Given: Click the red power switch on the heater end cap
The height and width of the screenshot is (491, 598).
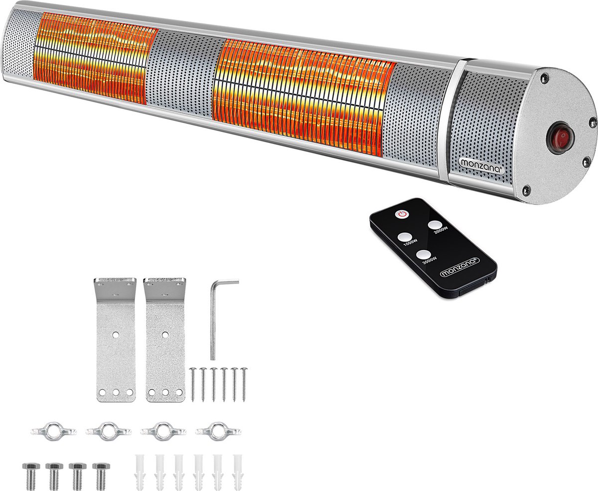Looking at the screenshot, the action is click(560, 138).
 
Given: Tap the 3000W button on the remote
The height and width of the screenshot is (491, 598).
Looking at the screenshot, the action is click(423, 254).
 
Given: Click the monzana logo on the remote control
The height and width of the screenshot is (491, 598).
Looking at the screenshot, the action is click(459, 267).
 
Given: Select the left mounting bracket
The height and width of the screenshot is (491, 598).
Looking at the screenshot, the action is click(116, 340).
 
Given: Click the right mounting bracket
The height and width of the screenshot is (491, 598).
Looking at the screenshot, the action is click(165, 340).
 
